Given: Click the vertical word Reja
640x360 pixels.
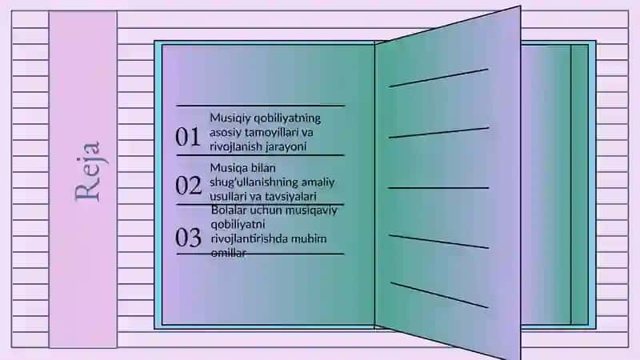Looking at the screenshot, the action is coord(88,171).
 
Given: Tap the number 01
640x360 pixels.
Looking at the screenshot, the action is coord(188,137).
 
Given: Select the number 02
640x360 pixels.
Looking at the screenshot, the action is coord(188,186).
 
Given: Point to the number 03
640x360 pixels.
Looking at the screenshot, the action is coord(188,237).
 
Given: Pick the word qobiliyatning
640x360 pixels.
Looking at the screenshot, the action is coord(287,118).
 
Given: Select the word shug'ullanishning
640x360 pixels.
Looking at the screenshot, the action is coord(254,182).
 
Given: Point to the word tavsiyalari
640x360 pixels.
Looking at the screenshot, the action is coord(290,196).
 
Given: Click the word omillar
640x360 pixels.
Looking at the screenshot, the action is coord(229,253).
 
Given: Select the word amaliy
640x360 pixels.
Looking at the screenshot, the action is coord(318,182).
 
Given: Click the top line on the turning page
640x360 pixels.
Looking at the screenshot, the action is coord(438,78).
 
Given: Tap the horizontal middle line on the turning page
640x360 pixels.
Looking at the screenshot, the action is coord(438,188).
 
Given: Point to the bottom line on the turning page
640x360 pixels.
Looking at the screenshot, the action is coord(439,294).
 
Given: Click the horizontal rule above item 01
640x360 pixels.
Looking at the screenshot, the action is coord(261,106).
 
